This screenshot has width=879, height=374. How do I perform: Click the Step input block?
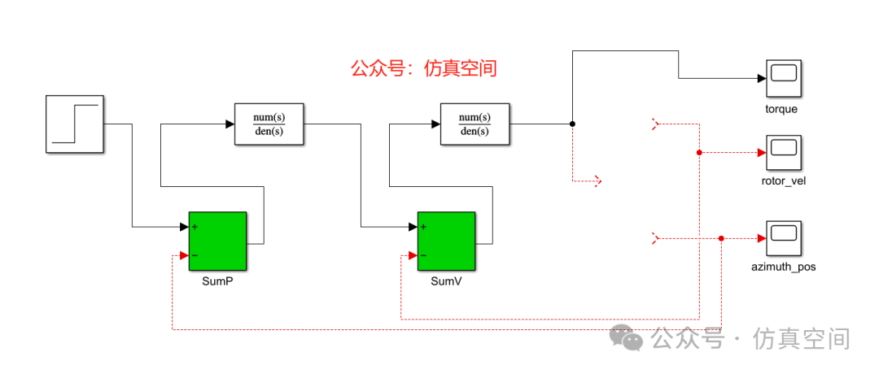click(x=75, y=124)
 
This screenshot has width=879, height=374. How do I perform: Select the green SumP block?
click(x=217, y=241)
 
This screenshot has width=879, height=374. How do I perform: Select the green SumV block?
click(x=446, y=241)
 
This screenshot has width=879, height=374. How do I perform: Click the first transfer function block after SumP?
click(x=269, y=124)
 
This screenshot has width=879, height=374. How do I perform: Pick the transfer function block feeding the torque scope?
click(x=475, y=124)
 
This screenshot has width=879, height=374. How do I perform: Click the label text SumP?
click(x=217, y=280)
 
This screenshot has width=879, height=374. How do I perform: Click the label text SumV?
click(x=446, y=280)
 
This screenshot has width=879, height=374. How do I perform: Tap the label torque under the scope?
click(x=781, y=109)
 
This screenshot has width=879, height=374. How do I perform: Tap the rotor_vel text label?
click(x=781, y=180)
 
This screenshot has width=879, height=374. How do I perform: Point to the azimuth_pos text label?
click(x=782, y=266)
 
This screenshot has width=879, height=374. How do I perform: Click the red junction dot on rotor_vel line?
click(x=699, y=152)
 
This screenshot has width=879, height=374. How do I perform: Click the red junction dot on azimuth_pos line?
click(x=722, y=238)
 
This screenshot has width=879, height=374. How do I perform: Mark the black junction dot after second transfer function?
click(x=572, y=124)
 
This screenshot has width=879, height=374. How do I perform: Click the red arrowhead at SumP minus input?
click(x=184, y=255)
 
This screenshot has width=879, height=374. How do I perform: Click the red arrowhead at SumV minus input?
click(x=413, y=255)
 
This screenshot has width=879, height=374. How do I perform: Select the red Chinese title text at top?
click(x=423, y=68)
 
